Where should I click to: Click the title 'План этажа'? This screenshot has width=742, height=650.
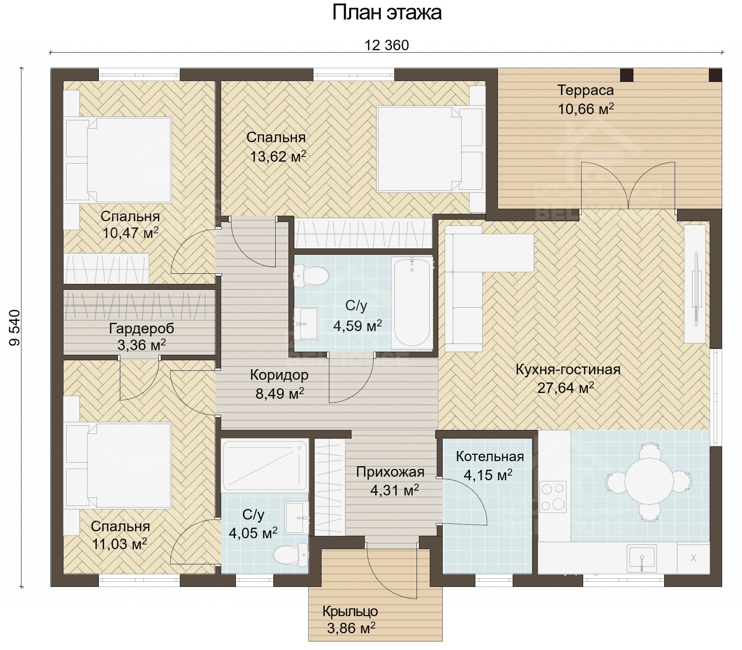[387, 13]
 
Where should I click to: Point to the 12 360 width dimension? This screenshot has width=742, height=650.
[387, 46]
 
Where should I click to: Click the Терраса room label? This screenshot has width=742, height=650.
[586, 90]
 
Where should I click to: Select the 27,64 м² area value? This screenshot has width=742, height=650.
[565, 388]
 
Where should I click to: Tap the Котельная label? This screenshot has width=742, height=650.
[490, 456]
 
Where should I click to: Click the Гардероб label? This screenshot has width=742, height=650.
[141, 329]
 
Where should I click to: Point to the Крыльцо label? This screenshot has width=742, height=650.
[350, 611]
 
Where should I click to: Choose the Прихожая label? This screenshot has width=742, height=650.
[390, 472]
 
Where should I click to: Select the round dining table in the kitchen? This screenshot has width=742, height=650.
[649, 481]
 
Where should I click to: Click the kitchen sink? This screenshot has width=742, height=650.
[641, 558]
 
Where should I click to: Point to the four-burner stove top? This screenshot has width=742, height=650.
[553, 496]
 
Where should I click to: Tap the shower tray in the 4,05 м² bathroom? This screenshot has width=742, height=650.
[264, 466]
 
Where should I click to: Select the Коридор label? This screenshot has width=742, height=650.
[279, 375]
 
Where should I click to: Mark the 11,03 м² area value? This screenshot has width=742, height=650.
[119, 544]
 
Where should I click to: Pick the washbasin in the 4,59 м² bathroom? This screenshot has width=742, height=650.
[306, 323]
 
